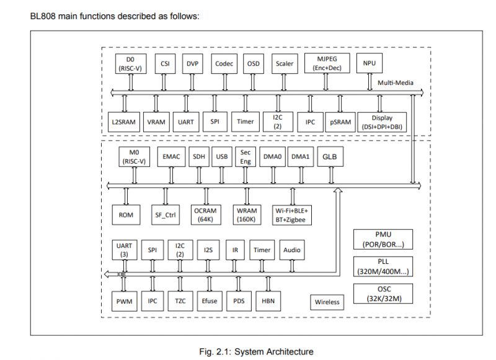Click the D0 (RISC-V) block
point(131,64)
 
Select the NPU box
point(369,63)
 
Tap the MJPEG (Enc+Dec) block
point(329,63)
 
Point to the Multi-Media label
point(396,82)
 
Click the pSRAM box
point(339,122)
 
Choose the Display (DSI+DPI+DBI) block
point(386,122)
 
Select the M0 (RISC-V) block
point(133,157)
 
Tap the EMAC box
point(170,157)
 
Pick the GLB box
point(330,157)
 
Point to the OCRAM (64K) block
point(204,214)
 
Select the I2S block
point(208,250)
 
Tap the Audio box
point(291,250)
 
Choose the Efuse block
point(208,302)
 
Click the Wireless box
point(327,302)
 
